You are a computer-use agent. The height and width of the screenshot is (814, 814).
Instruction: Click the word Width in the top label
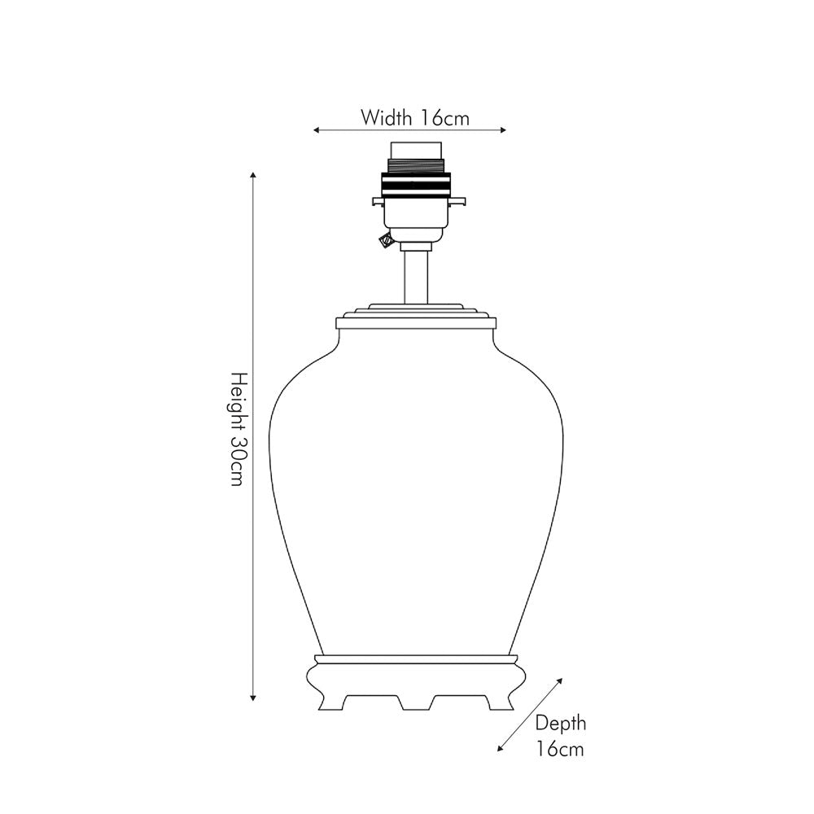click(386, 118)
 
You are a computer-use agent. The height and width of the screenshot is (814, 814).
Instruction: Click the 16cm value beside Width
click(444, 118)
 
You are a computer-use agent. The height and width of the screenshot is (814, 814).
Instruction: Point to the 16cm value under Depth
click(560, 749)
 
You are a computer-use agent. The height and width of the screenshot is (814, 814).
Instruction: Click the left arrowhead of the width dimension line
click(316, 130)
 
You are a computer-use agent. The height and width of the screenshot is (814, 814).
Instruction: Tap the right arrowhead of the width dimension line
click(502, 130)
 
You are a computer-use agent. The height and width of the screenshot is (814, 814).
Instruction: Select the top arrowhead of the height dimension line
click(253, 175)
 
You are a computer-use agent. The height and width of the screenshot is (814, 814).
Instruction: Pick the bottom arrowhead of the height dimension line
click(253, 698)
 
